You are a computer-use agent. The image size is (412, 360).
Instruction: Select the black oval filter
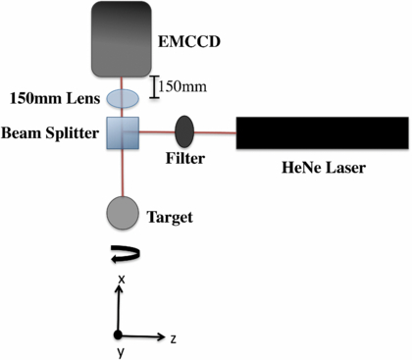coord(183,129)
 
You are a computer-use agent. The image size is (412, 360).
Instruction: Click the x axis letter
coord(120,280)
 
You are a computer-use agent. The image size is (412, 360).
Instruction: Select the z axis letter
coord(172,338)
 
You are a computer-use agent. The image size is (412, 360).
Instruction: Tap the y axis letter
coord(120,352)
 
